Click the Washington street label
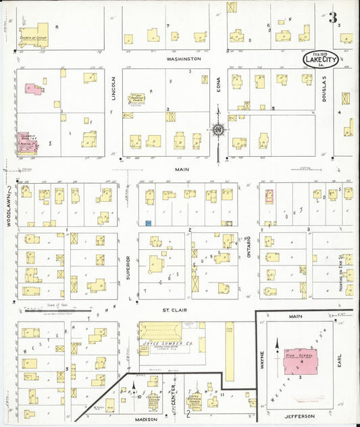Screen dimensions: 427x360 184,59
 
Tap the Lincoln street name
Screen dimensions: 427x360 113,97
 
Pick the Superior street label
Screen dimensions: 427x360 128,266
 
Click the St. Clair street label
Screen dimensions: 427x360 174,310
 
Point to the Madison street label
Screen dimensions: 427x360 147,419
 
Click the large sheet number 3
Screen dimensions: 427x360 333,18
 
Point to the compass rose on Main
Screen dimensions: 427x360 218,129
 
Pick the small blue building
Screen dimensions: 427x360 148,222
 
